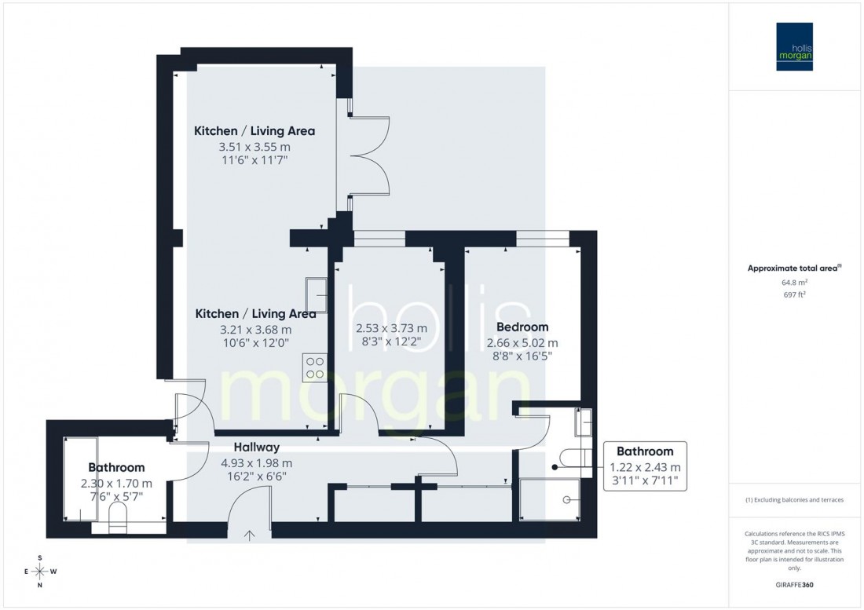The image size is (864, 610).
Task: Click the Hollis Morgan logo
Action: pyautogui.click(x=794, y=46)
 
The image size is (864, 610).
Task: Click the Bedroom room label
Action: pyautogui.click(x=522, y=327)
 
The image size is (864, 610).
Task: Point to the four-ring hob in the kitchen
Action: pyautogui.click(x=315, y=367)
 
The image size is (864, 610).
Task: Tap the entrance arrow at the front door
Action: pyautogui.click(x=250, y=537)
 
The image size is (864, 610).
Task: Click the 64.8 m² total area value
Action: pyautogui.click(x=794, y=282)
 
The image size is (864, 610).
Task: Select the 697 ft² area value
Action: pyautogui.click(x=794, y=294)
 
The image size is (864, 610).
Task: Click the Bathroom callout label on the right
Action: pyautogui.click(x=644, y=451)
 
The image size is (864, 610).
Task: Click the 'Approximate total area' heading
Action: pyautogui.click(x=793, y=268)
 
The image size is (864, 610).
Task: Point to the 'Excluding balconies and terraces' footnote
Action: pyautogui.click(x=794, y=500)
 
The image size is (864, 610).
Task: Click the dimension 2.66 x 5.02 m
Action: pyautogui.click(x=522, y=342)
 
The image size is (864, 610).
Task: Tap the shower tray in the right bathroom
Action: pyautogui.click(x=550, y=499)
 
